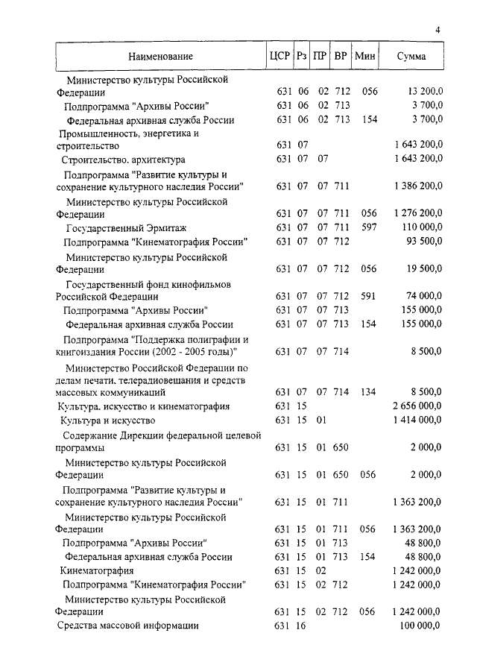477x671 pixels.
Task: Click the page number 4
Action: coord(438,29)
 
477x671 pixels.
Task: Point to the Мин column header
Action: coord(365,56)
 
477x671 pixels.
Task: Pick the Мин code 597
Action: coord(369,227)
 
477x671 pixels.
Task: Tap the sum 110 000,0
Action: coord(422,227)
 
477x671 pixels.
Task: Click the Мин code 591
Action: coord(369,296)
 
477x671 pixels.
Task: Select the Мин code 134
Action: coord(369,391)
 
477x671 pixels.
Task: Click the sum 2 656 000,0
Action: coord(417,406)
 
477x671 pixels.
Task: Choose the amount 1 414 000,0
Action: coord(417,420)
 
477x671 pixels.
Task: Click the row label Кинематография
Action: coord(92,571)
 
